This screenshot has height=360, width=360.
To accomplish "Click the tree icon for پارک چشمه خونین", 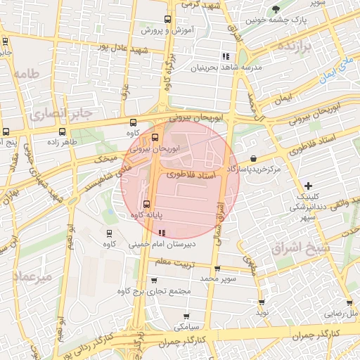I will (279, 9).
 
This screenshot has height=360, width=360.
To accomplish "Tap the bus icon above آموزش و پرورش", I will (167, 20).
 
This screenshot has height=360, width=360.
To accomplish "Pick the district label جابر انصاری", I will (51, 112).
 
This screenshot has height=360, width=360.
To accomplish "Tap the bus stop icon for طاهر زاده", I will (63, 131).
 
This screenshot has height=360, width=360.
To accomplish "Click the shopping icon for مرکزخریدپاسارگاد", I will (253, 159).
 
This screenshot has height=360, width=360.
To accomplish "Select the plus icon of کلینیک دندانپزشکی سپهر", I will (308, 185).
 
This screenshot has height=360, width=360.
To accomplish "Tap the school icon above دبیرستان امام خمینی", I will (162, 233).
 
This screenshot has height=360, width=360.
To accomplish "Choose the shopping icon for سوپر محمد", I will (217, 269).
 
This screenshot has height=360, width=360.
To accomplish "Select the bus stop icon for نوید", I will (262, 301).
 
